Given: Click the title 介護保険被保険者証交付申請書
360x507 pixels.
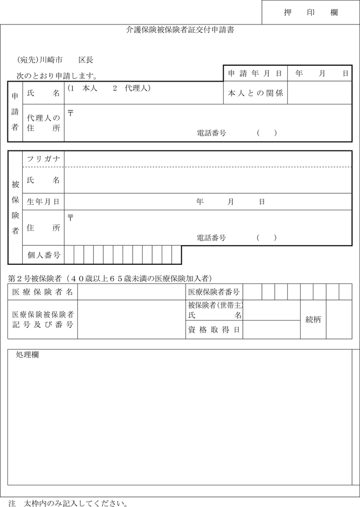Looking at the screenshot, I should click(x=180, y=31).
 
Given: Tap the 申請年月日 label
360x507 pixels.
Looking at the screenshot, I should click(x=254, y=73).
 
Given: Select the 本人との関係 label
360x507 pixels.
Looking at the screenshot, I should click(x=255, y=93).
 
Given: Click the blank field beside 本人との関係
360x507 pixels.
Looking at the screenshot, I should click(x=320, y=93).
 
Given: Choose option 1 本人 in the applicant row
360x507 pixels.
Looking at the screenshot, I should click(x=83, y=87).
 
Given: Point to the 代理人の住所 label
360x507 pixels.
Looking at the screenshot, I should click(x=43, y=123).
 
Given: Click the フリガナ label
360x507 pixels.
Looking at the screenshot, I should click(x=43, y=159).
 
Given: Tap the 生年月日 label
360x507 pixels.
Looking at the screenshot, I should click(x=43, y=201).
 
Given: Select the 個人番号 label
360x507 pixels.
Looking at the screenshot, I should click(x=43, y=255).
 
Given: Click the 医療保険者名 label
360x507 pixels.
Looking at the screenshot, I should click(x=43, y=291).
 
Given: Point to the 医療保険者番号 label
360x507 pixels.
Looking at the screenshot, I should click(x=214, y=291).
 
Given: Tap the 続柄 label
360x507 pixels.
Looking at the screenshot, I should click(x=313, y=319).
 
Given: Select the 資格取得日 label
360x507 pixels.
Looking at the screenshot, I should click(x=214, y=330).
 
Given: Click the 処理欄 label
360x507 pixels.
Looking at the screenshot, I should click(x=27, y=355).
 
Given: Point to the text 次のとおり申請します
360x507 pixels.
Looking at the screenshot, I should click(x=56, y=76).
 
